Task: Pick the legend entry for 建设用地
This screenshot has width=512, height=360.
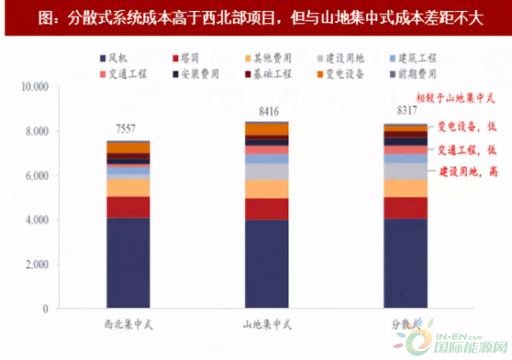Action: click(x=346, y=58)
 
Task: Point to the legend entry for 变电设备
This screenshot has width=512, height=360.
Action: click(x=346, y=74)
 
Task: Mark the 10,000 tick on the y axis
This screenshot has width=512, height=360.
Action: click(x=36, y=87)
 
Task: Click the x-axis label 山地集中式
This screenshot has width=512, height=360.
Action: click(x=265, y=324)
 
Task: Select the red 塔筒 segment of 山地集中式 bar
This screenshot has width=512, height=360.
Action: click(x=266, y=209)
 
